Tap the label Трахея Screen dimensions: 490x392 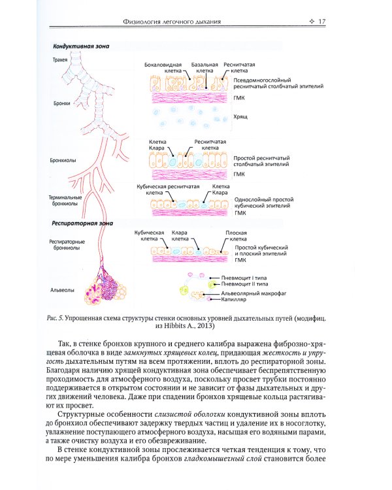tap(60, 59)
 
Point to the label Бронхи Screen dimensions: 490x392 tap(61, 103)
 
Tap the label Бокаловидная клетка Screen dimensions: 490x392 tap(160, 69)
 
